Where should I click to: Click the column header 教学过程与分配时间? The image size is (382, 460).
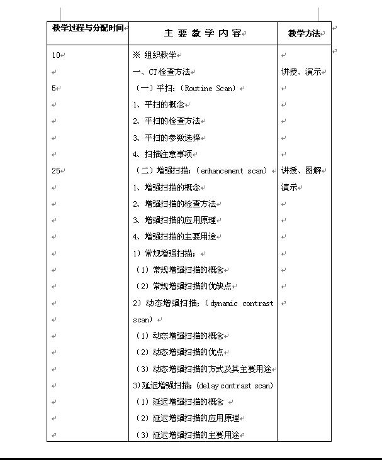click(88, 28)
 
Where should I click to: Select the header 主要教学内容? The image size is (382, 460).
click(202, 33)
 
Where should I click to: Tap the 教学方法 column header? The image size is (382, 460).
click(304, 33)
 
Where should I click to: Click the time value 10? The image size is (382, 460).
click(56, 55)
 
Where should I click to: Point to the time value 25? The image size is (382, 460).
click(56, 170)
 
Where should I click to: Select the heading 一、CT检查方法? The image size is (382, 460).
click(162, 72)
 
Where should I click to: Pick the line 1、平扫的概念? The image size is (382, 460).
click(157, 105)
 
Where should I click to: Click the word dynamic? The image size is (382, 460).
click(224, 304)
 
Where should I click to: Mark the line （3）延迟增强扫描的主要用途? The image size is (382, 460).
click(188, 435)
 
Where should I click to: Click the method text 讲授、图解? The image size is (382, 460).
click(301, 170)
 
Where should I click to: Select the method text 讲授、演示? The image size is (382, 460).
click(301, 72)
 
